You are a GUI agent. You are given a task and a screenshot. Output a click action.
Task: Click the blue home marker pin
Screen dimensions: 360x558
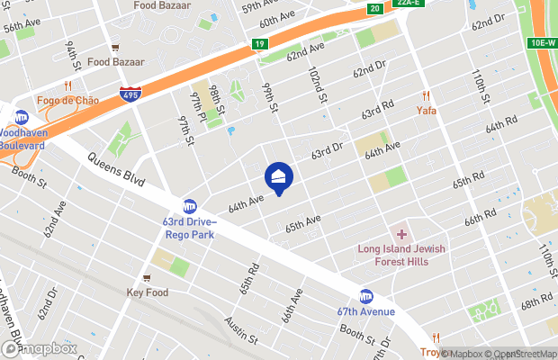(x=279, y=177)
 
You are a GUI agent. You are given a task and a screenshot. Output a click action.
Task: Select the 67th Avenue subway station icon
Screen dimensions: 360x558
(x=366, y=296)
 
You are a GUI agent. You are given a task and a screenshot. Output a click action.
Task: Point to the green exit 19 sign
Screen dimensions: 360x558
(x=259, y=43)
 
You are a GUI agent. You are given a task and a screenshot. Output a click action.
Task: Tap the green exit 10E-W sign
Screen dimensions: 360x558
(x=540, y=43)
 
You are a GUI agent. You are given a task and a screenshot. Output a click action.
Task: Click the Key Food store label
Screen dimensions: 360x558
(x=148, y=292)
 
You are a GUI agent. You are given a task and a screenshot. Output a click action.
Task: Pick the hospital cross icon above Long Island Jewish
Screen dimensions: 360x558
(x=401, y=234)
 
